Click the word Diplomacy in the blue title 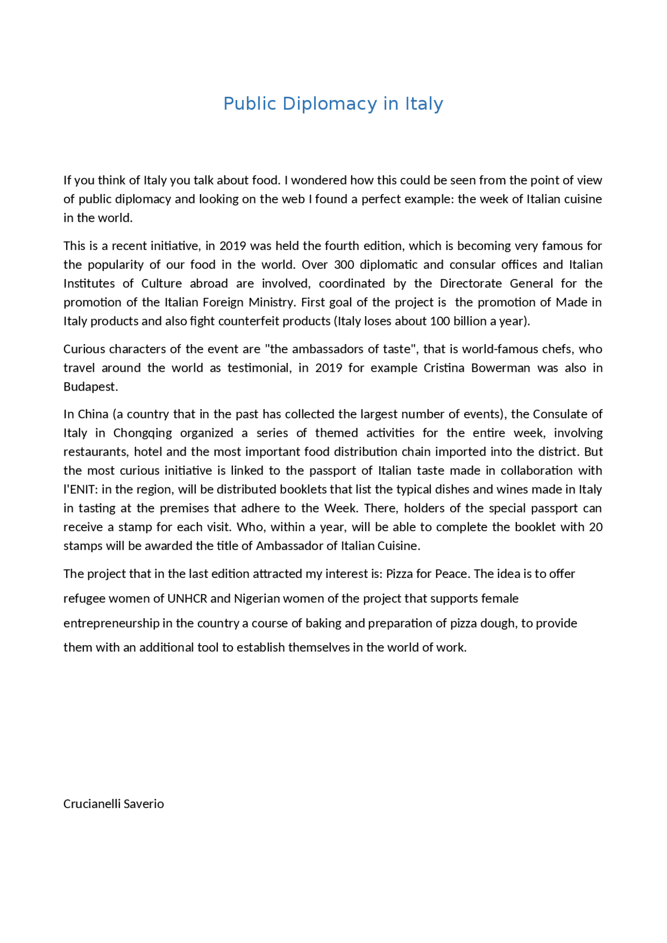[329, 104]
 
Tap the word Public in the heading [250, 104]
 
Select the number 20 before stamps [596, 527]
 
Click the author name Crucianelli [92, 804]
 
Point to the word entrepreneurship [111, 624]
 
